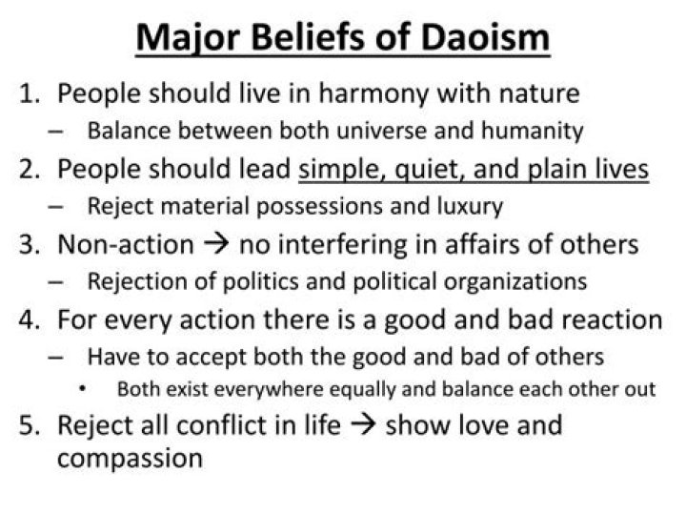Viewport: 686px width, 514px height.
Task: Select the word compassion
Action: click(130, 460)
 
